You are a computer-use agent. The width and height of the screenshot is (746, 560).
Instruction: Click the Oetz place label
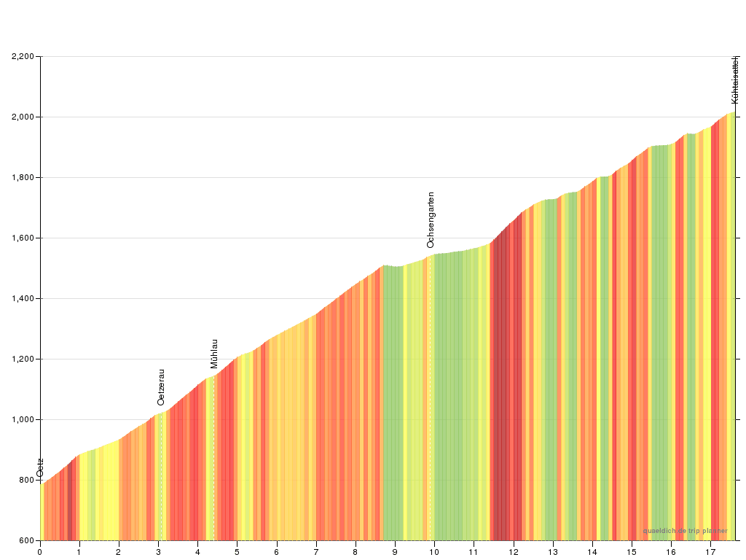40,467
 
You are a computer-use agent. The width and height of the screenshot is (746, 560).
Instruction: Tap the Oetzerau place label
161,386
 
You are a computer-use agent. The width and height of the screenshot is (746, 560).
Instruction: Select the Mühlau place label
214,354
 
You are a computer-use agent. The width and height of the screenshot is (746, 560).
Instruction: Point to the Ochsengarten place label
431,219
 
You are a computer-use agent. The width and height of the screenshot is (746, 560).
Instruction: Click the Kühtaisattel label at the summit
735,79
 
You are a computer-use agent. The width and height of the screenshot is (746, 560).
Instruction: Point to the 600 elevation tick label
27,540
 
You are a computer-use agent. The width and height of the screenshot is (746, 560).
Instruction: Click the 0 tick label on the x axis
40,552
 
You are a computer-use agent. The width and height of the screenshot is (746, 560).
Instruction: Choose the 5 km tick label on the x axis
237,552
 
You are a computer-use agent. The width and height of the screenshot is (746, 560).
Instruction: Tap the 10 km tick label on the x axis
434,552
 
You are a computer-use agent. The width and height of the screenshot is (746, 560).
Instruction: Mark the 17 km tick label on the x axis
710,552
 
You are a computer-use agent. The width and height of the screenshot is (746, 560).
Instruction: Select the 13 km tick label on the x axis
553,552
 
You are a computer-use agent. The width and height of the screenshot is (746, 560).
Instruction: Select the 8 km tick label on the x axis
356,552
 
